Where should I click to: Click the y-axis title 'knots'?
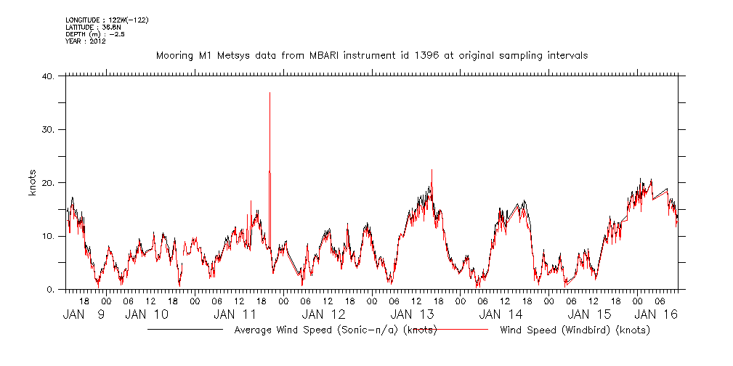click(33, 183)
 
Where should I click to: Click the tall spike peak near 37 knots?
click(270, 94)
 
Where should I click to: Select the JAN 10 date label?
click(147, 314)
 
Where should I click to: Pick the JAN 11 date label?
click(235, 314)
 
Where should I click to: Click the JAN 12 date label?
click(324, 314)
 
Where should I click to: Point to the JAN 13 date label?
click(413, 314)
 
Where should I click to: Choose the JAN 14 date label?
click(501, 314)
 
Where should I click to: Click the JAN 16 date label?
click(657, 314)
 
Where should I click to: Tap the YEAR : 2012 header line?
click(86, 41)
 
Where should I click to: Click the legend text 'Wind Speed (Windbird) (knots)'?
click(575, 330)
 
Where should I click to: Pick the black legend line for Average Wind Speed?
click(185, 330)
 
